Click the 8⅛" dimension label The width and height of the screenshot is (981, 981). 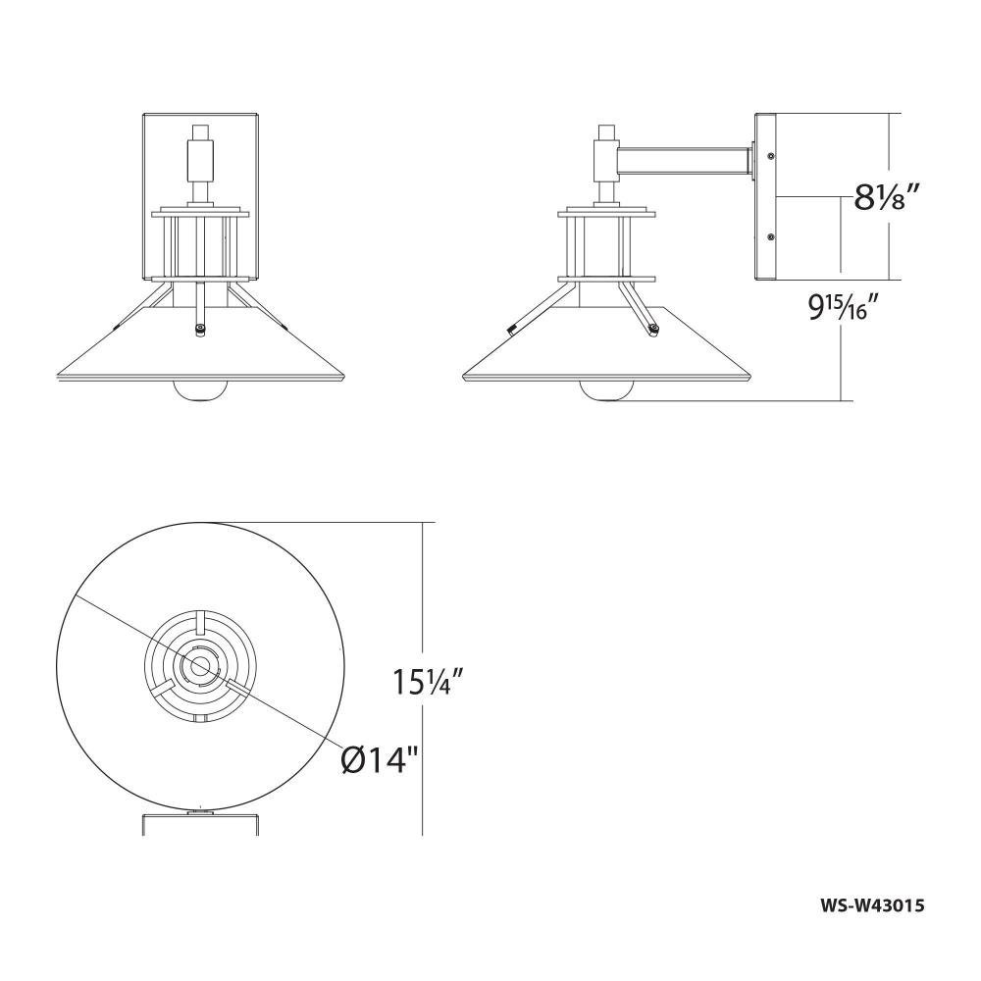point(880,199)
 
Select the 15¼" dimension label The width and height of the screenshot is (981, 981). point(428,682)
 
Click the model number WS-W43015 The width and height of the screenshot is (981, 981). point(871,922)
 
